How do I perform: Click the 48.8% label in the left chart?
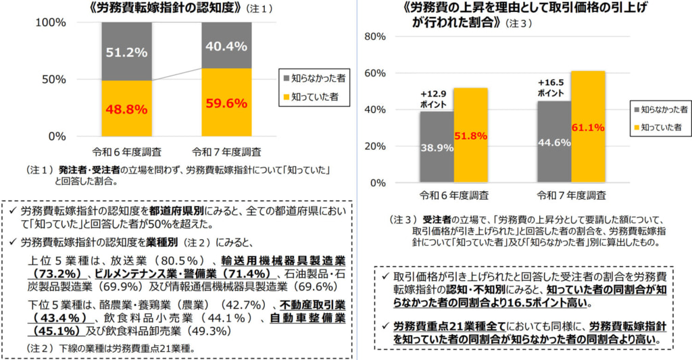(x=126, y=108)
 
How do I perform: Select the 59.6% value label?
(x=226, y=103)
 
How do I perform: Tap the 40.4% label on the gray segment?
(x=226, y=45)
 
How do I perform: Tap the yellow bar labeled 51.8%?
(x=470, y=135)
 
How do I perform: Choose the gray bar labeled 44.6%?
(x=553, y=142)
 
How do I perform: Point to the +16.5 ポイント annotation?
(x=551, y=86)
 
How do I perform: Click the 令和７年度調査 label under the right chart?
(x=571, y=196)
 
